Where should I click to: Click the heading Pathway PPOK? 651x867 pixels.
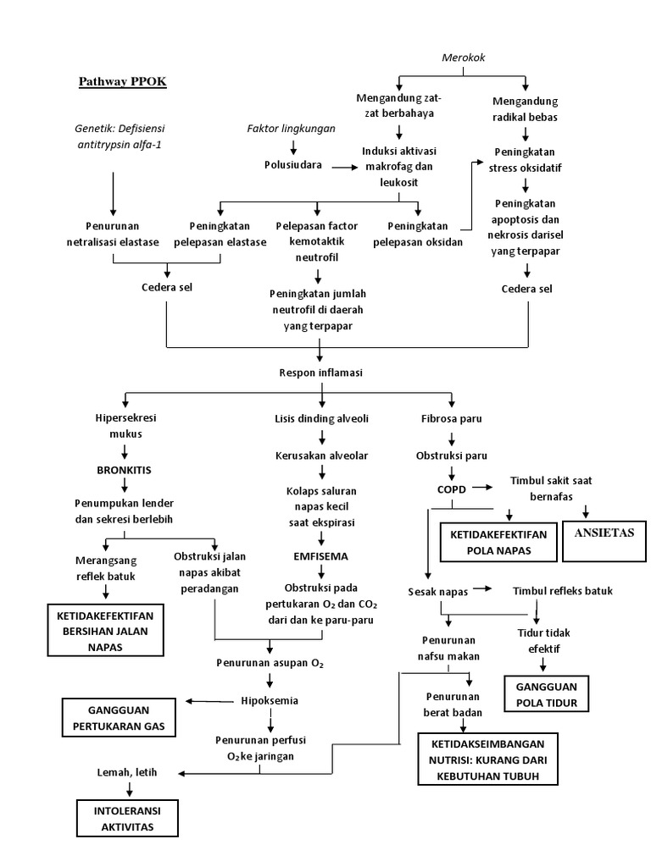(x=123, y=82)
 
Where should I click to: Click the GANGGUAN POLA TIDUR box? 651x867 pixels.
(x=546, y=693)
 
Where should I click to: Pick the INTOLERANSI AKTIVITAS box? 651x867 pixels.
(x=130, y=818)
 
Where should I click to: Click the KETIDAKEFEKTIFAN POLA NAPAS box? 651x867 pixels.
(x=498, y=542)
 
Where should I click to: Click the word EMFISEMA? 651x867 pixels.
(x=320, y=556)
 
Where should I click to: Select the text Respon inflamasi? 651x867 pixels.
(x=320, y=373)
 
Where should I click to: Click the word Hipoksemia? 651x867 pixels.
(x=270, y=700)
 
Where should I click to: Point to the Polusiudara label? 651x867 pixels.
(x=292, y=166)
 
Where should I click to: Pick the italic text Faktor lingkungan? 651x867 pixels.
(x=291, y=129)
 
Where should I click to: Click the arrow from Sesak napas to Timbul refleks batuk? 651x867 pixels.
(x=482, y=589)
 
